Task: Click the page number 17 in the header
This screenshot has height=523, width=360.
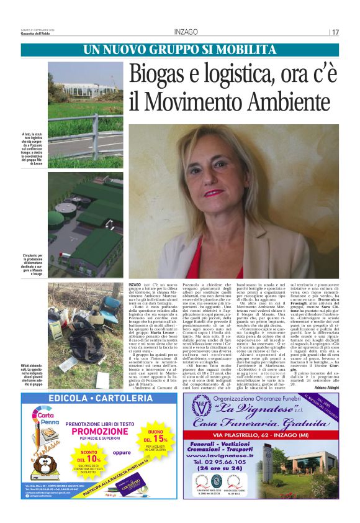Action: click(x=336, y=32)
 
